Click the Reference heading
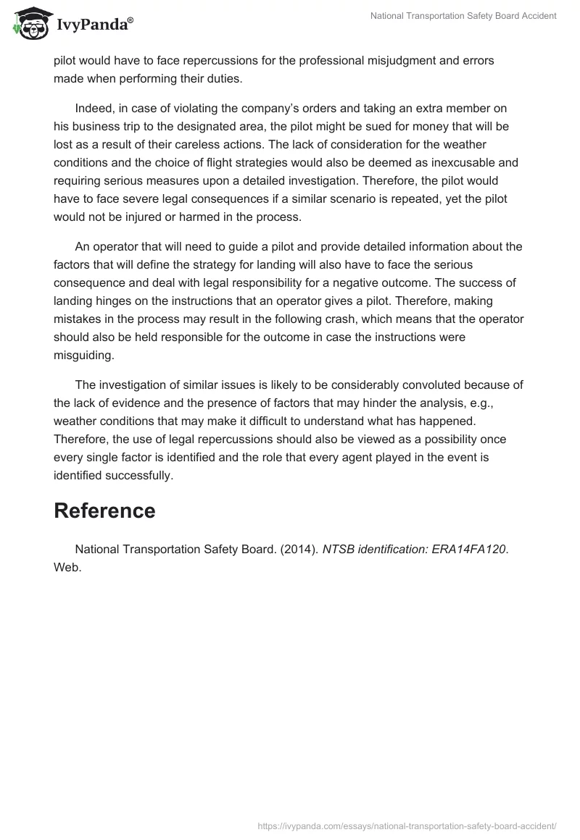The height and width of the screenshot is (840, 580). pos(104,511)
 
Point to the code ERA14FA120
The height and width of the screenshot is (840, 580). pos(468,550)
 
